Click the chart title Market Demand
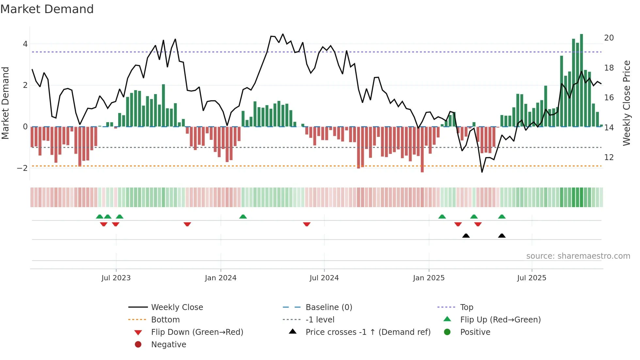coord(47,9)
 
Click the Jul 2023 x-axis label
coord(116,278)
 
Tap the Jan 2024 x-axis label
coord(220,278)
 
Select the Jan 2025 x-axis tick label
coord(428,278)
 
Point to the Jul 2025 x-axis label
coord(532,278)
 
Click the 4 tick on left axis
coord(25,44)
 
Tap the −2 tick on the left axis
coord(22,168)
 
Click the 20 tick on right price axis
coord(609,38)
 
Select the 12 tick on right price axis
coord(609,157)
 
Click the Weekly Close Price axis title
coord(626,103)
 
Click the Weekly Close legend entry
coord(177,307)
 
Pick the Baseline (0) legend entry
coord(328,307)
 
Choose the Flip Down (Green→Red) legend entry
coord(197,332)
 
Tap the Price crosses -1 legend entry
coord(368,332)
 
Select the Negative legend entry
coord(168,345)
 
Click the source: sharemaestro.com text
coord(578,256)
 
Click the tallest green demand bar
coord(581,80)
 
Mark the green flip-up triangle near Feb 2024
coord(243,217)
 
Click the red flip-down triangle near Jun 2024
coord(307,224)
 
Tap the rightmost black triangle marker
coord(502,236)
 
